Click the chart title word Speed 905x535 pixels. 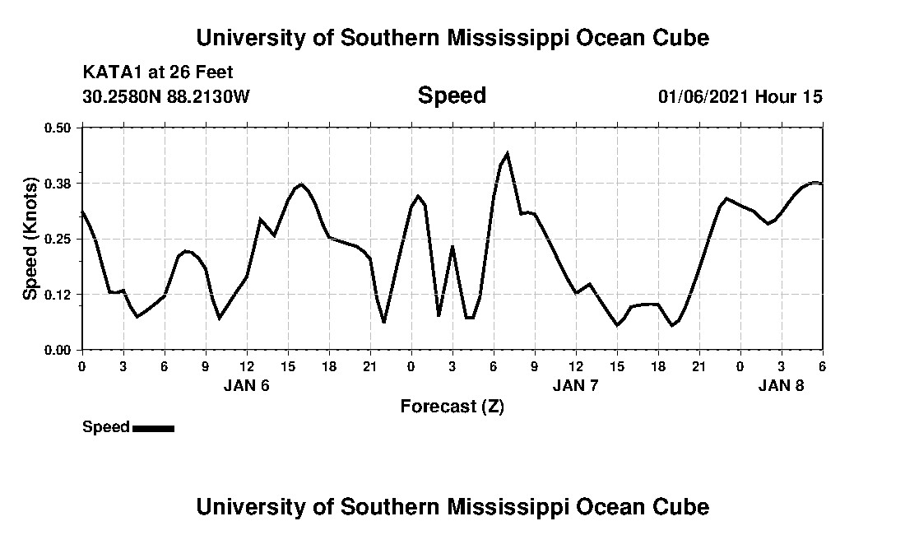tap(452, 95)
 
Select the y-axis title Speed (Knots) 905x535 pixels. tap(30, 239)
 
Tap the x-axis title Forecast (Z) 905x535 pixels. tap(452, 406)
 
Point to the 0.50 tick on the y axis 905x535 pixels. tap(58, 128)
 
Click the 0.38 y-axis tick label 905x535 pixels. tap(58, 183)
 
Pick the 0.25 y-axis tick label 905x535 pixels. tap(58, 239)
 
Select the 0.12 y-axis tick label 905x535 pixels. tap(58, 295)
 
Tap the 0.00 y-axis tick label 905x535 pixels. tap(58, 350)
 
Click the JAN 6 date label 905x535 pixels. tap(247, 385)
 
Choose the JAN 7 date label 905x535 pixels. tap(576, 385)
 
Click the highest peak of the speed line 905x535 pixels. tap(507, 153)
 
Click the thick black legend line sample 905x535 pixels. tap(153, 428)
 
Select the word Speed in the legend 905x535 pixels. tap(106, 427)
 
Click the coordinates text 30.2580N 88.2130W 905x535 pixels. tap(165, 96)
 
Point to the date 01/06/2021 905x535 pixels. tap(704, 96)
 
